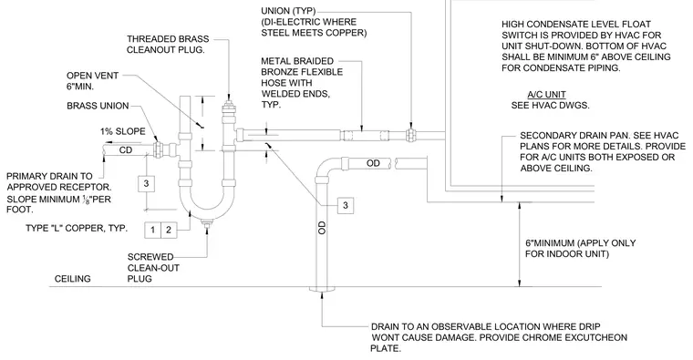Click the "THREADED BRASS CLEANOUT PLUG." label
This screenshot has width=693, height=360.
pos(168,44)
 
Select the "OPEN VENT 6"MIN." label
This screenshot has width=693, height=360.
pos(92,81)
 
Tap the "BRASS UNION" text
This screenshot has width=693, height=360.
pos(98,106)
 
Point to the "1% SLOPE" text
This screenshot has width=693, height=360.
pos(122,131)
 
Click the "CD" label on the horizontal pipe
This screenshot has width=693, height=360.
pos(126,150)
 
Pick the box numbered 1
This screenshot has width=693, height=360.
pos(152,230)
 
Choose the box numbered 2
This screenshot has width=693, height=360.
pos(169,230)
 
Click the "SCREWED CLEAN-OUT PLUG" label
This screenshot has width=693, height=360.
pos(153,268)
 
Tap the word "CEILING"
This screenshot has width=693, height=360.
pos(72,279)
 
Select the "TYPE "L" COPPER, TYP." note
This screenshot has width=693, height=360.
pos(77,228)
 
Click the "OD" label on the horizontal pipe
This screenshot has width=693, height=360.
pos(373,163)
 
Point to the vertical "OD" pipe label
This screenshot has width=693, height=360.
pos(322,228)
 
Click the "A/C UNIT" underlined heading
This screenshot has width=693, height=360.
pos(546,94)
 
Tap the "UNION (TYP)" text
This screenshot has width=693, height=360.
pos(288,11)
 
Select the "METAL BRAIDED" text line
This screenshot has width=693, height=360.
pos(297,61)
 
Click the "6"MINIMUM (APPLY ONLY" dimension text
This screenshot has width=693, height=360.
pos(580,243)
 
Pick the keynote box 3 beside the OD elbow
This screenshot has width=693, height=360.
pos(346,205)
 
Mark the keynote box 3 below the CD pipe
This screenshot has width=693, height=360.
pos(146,183)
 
